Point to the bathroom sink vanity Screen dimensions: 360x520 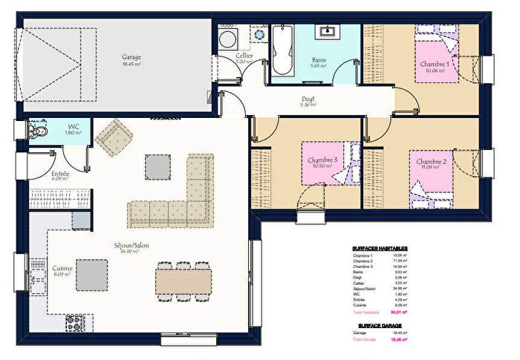(326, 31)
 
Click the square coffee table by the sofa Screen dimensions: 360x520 (157, 166)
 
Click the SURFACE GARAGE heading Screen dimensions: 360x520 (380, 325)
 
